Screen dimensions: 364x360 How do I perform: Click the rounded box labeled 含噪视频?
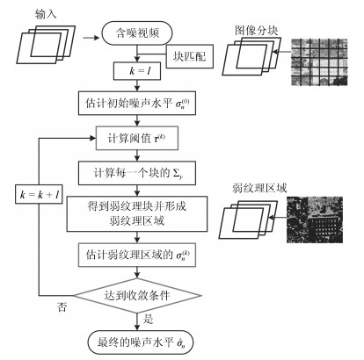pos(137,33)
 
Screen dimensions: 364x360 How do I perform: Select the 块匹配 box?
pos(190,56)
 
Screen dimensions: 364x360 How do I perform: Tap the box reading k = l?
pos(137,71)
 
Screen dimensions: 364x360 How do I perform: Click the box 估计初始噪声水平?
pos(137,104)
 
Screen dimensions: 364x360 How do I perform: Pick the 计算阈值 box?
pos(137,138)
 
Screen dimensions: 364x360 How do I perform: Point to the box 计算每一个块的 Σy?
pos(137,173)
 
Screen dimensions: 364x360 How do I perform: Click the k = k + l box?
pos(39,194)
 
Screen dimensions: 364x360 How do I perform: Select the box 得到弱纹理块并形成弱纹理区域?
pos(137,214)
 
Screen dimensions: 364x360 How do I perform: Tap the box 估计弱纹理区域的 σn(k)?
pos(137,255)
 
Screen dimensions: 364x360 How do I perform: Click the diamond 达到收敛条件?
pos(137,296)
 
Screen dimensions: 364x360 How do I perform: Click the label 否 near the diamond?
pos(62,307)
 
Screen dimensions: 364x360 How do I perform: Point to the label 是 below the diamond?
pos(148,319)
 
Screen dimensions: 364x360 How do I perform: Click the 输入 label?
pos(46,14)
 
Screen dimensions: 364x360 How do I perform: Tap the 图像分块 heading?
pos(256,31)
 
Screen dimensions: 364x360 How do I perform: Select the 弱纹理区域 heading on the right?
pos(259,188)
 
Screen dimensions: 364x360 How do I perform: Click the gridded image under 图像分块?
pos(319,62)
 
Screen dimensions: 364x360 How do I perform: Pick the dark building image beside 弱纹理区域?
pos(315,220)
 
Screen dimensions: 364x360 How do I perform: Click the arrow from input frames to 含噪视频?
pos(91,38)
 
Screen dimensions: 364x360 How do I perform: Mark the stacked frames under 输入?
pos(46,45)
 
